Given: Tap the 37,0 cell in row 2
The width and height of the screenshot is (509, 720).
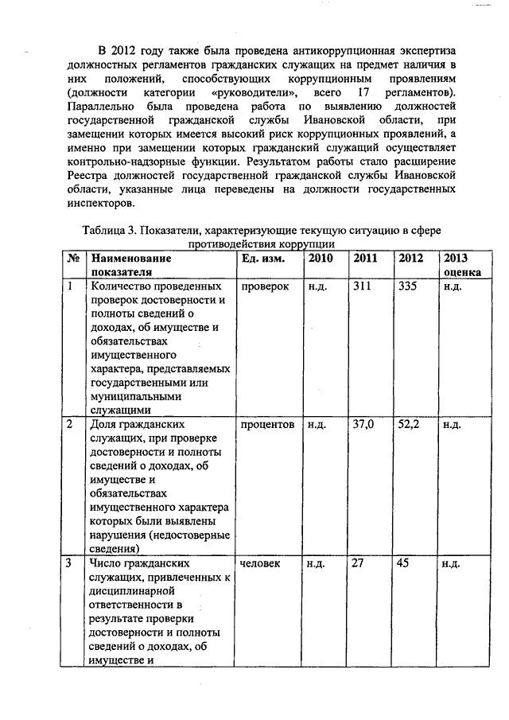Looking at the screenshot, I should click(x=363, y=425).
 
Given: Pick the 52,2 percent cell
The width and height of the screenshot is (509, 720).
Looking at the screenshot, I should click(x=409, y=425).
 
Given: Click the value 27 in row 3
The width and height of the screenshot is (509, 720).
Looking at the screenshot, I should click(x=358, y=563).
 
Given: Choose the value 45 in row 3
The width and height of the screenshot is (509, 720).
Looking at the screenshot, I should click(x=405, y=563).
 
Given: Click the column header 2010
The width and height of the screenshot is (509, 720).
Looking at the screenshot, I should click(x=320, y=259).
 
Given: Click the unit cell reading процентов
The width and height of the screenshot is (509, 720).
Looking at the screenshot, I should click(x=267, y=425).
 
